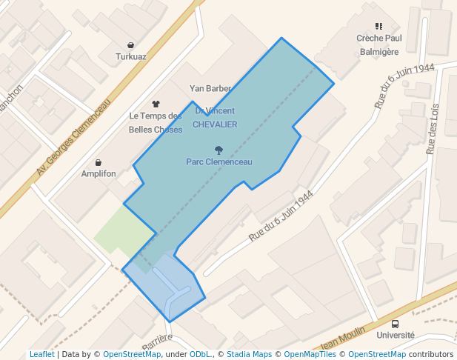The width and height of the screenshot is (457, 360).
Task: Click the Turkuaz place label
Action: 131,56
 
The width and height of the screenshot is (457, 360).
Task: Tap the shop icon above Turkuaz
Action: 131,45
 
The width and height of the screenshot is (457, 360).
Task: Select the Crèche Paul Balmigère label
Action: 378,44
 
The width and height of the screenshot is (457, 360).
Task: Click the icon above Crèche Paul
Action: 378,27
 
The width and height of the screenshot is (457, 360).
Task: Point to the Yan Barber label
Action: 210,88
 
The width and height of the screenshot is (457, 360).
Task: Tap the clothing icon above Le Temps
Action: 156,104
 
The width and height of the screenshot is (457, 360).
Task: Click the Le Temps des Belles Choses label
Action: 156,123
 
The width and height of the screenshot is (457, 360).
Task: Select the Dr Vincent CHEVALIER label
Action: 215,118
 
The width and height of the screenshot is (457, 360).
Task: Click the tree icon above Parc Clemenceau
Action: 219,150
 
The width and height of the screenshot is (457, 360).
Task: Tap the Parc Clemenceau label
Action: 219,161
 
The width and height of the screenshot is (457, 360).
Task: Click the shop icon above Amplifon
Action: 99,162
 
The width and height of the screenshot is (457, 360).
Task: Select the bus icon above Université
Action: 395,324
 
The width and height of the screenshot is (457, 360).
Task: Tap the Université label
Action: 396,335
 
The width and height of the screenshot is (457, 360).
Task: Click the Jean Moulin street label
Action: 344,339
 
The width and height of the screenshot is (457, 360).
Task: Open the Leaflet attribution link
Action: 41,354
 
